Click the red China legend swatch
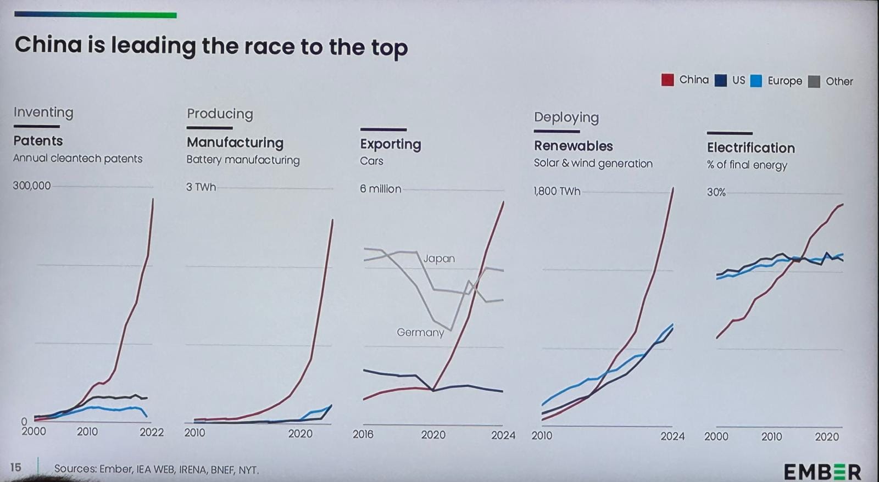point(667,80)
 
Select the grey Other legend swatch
point(814,81)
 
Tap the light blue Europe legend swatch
point(756,81)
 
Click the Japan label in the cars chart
point(439,259)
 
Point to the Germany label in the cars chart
point(420,332)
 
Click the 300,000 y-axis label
point(32,186)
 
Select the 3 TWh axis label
point(201,187)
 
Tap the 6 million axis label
point(380,189)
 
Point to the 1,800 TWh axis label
point(557,191)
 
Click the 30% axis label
point(716,192)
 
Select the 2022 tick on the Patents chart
point(152,432)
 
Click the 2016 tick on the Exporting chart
point(363,434)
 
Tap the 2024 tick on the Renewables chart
point(672,436)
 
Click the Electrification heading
point(750,148)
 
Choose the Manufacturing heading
point(235,143)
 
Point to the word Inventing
point(43,113)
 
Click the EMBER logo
point(822,472)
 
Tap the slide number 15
point(15,467)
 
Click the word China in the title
point(48,45)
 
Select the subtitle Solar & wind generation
point(593,164)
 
